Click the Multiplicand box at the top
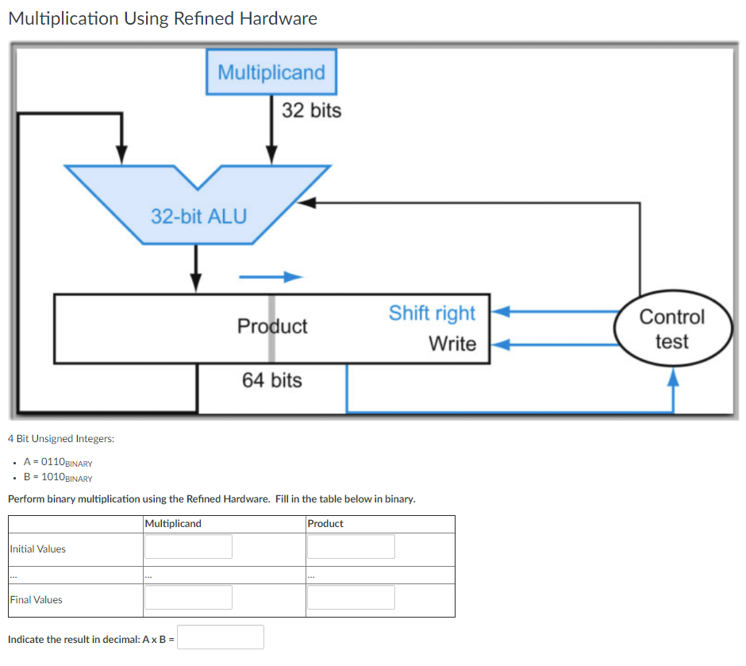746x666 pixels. point(271,72)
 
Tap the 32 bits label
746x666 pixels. point(311,110)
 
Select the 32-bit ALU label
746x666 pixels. point(199,216)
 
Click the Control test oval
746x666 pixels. point(671,329)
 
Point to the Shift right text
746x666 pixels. point(432,314)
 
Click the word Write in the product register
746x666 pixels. point(452,344)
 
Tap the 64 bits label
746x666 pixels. point(272,380)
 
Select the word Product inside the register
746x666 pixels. point(272,326)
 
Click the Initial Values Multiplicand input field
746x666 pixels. point(188,546)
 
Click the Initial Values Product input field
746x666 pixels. point(351,546)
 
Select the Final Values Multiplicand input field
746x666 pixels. point(188,597)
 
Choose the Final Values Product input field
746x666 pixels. point(351,597)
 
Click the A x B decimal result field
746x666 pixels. point(221,637)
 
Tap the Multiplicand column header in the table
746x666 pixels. point(174,524)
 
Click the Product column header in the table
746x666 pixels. point(325,524)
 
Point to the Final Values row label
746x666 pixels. point(36,600)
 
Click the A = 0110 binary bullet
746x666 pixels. point(58,463)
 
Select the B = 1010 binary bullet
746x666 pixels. point(58,478)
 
